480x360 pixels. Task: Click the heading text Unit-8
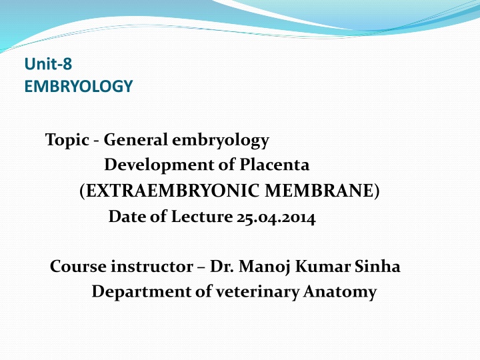(x=48, y=64)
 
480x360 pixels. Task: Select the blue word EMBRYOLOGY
(x=79, y=86)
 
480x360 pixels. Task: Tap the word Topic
(x=67, y=140)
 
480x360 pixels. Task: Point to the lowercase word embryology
(x=221, y=141)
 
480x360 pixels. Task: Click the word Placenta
(x=274, y=165)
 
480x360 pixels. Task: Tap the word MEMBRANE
(x=319, y=191)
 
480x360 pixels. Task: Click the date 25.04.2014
(x=276, y=217)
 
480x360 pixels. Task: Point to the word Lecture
(x=202, y=217)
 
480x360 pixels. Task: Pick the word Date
(x=127, y=217)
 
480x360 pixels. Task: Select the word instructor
(x=152, y=266)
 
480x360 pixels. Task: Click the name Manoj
(x=265, y=267)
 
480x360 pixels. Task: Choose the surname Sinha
(x=377, y=266)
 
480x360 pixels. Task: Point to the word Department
(x=141, y=292)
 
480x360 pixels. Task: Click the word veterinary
(x=257, y=293)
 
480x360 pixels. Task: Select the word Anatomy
(x=340, y=293)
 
